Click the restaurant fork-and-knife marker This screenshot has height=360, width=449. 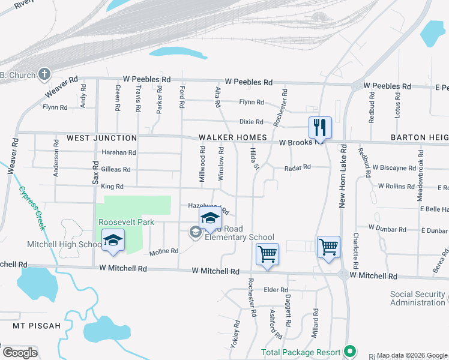[x=320, y=127]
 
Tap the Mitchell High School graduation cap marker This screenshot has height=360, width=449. [x=113, y=240]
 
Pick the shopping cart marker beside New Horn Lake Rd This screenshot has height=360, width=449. [x=328, y=246]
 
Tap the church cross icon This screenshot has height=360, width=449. [x=44, y=74]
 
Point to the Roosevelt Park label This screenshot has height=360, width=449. [x=127, y=222]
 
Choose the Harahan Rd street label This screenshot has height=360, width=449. [x=119, y=152]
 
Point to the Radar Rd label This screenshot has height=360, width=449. [x=298, y=167]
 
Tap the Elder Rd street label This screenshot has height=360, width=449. [x=276, y=290]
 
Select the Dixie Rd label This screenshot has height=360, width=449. [x=252, y=121]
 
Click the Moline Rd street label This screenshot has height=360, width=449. [x=164, y=251]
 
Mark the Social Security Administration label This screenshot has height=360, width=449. [x=419, y=298]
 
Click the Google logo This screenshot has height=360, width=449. [x=20, y=352]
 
